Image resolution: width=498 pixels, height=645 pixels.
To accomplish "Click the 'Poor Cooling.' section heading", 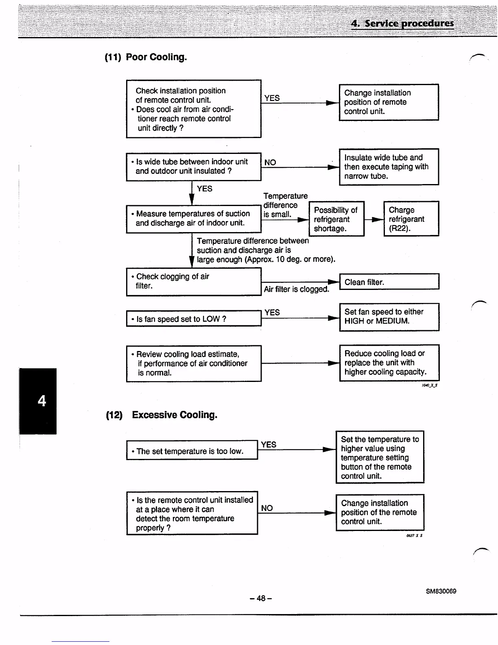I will pos(156,57).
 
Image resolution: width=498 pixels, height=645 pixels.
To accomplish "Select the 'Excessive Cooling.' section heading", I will pos(175,415).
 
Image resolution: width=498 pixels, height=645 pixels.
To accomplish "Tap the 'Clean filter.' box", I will pos(389,282).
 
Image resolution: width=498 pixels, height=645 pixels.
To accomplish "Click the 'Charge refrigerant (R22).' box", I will pos(411,219).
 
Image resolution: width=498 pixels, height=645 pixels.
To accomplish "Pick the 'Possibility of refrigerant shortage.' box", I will pos(336,219).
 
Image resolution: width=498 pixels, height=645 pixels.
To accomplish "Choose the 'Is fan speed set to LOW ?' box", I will pos(193,319).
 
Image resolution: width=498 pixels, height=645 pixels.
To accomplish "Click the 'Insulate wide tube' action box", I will pos(389,167).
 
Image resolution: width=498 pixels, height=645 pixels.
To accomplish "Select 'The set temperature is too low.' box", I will pos(192,450).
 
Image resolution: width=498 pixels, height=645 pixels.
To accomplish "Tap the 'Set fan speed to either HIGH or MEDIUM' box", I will pos(389,316).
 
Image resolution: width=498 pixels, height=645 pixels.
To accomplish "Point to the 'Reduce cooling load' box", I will pos(389,363).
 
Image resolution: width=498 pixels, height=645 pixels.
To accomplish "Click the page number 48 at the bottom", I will pos(261,598).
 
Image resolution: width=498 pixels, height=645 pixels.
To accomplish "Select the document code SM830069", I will pos(441,591).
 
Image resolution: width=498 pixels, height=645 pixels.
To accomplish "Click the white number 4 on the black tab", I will pos(41,401).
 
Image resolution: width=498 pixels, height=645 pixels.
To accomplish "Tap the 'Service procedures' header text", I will pos(402,23).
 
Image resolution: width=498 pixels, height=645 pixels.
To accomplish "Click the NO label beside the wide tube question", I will pos(270,162).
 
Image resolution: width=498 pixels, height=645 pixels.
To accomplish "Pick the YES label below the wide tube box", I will pos(204,189).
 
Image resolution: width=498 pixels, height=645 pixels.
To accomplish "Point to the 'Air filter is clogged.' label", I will pos(296,289).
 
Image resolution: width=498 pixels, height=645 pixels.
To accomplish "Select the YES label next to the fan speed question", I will pos(272,312).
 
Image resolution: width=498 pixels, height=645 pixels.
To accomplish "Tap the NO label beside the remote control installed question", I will pos(267,508).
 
